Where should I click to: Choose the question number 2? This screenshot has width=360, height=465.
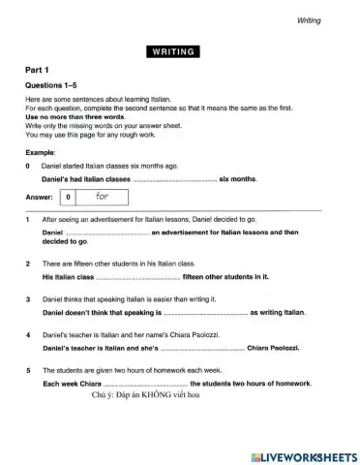(x=28, y=263)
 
